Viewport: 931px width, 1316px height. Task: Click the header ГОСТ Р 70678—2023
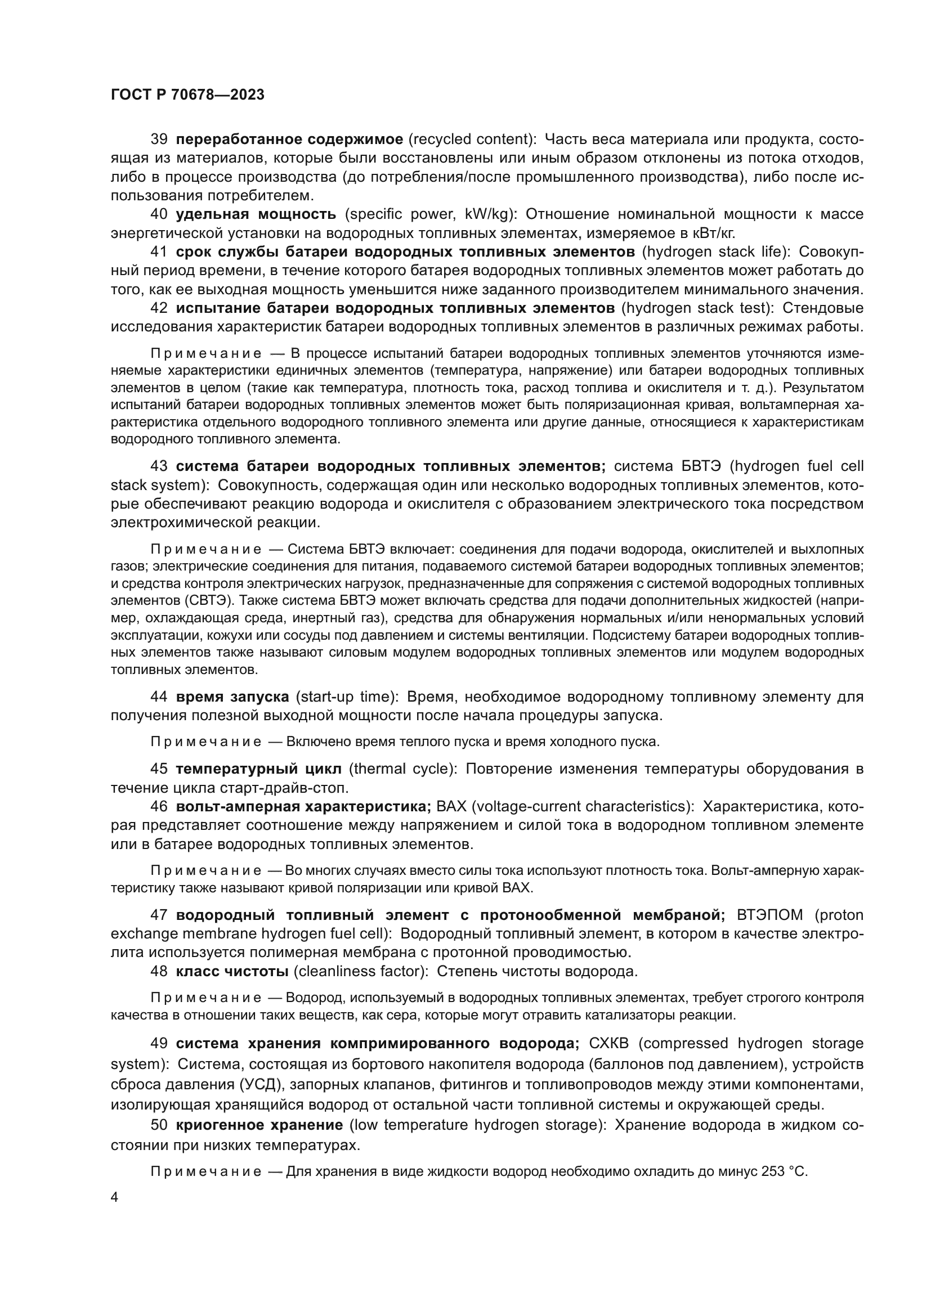click(x=187, y=95)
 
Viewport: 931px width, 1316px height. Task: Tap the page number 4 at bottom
click(x=115, y=1197)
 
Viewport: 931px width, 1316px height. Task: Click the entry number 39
click(x=159, y=140)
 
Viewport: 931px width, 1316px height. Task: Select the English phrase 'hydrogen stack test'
click(x=696, y=308)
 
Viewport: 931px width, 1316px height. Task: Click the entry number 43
click(x=159, y=465)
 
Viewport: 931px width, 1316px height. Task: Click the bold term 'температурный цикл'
click(x=258, y=769)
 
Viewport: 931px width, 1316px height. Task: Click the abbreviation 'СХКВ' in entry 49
click(x=610, y=1043)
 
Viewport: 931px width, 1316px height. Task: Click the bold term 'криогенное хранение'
click(x=259, y=1125)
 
